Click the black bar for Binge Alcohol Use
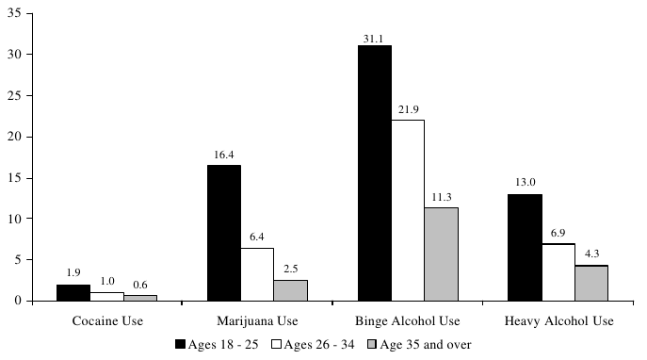[374, 173]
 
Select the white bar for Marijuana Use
[257, 274]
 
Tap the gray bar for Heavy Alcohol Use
[590, 283]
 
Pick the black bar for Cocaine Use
[73, 292]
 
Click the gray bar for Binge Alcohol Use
[441, 254]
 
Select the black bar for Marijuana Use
[223, 233]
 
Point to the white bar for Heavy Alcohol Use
[558, 272]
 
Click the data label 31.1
[374, 38]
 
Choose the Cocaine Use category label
[107, 321]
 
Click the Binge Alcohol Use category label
[408, 321]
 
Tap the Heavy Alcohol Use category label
[558, 321]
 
